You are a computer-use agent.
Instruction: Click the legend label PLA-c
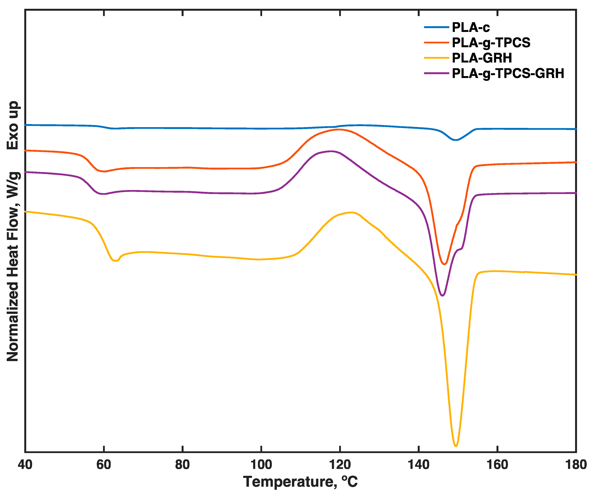pos(471,28)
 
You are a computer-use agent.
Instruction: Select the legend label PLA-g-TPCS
pos(491,43)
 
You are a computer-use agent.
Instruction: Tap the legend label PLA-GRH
pos(482,58)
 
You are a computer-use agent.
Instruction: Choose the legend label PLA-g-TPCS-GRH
pos(508,74)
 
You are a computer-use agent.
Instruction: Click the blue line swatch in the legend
pos(436,27)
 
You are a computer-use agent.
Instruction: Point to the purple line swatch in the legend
pos(436,73)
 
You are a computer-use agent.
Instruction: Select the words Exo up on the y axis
pos(13,125)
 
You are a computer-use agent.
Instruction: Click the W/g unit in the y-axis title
pos(13,185)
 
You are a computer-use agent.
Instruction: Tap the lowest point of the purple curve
pos(442,296)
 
